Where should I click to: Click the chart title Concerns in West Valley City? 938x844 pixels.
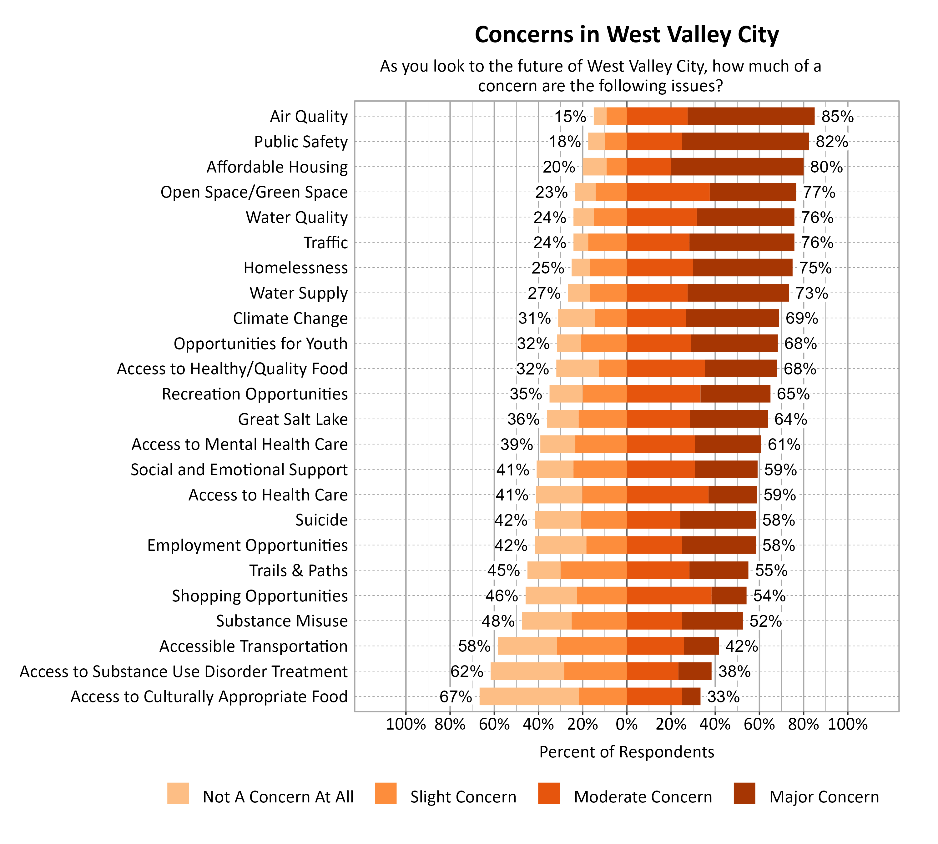point(626,35)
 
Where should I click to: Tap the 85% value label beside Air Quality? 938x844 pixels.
point(837,116)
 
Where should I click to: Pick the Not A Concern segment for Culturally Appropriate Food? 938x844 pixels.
point(529,696)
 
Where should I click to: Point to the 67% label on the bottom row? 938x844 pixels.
point(456,696)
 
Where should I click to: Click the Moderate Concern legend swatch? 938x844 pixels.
point(549,793)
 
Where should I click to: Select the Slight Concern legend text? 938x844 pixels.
point(463,797)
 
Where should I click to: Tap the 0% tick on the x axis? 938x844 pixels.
point(626,724)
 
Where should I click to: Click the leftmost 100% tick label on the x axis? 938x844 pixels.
point(406,724)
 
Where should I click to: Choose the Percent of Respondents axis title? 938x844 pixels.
point(626,752)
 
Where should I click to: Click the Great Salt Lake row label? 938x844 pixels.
point(292,419)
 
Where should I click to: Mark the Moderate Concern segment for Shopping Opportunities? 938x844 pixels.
point(668,595)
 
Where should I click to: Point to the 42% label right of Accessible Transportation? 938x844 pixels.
point(741,646)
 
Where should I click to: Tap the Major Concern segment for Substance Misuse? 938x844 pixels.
point(712,621)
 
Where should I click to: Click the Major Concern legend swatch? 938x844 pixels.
point(744,793)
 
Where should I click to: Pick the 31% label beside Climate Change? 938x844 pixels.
point(534,319)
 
